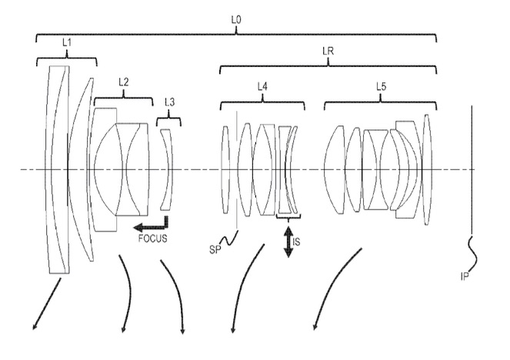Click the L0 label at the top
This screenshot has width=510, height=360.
(236, 20)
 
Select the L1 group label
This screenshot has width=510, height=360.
(67, 42)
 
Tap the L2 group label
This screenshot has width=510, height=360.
(124, 82)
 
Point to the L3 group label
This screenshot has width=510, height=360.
(169, 102)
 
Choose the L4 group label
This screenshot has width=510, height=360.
(262, 86)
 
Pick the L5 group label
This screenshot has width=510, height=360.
(381, 86)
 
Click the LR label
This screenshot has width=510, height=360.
(328, 51)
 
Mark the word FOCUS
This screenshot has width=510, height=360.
(153, 238)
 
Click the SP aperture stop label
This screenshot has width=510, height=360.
(215, 250)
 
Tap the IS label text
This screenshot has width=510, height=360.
(296, 242)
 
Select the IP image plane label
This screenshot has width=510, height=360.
(465, 276)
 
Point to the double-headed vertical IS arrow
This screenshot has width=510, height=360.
(288, 242)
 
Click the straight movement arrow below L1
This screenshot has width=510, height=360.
(47, 304)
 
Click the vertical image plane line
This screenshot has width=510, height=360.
(472, 170)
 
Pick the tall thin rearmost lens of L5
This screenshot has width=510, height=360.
(426, 169)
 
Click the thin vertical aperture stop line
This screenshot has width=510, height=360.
(237, 170)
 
